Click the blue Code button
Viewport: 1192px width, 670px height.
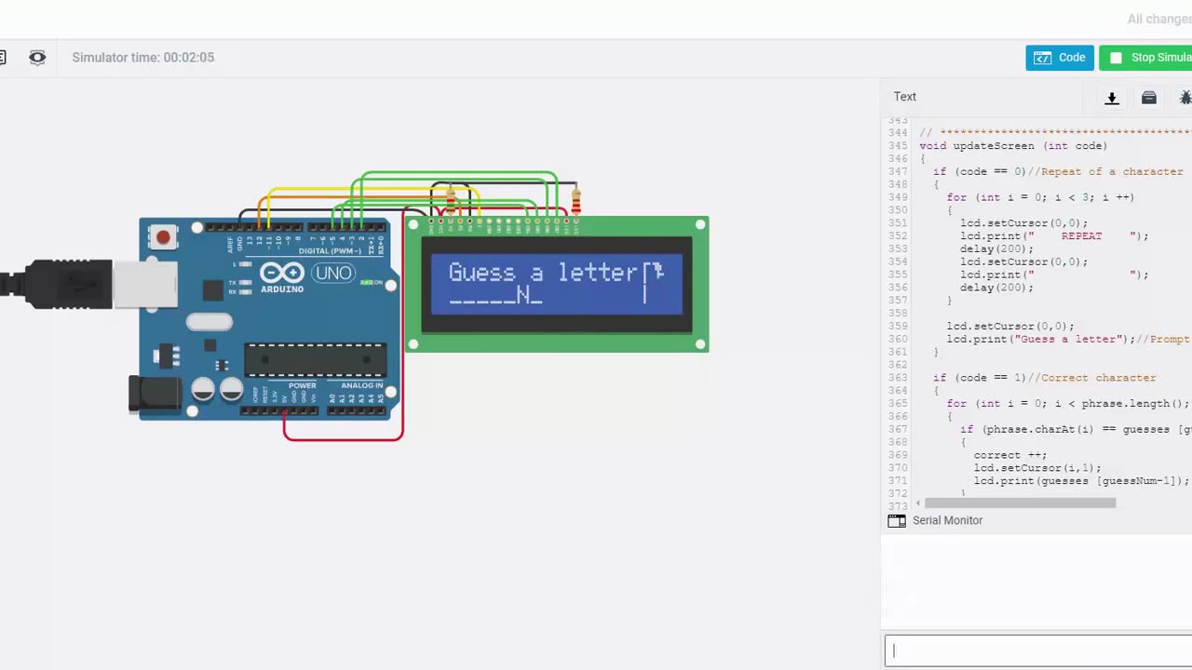point(1060,58)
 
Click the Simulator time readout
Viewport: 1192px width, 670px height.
point(143,58)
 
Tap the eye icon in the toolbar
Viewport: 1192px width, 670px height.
point(37,58)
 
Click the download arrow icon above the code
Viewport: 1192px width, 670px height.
point(1111,98)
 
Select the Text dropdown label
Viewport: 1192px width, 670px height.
point(905,97)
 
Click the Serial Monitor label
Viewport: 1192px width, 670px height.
point(947,520)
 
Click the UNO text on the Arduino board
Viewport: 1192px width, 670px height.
point(332,274)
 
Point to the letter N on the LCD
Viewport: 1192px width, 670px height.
point(523,295)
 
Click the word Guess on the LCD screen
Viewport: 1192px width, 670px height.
point(481,273)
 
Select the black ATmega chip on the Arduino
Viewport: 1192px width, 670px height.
point(315,359)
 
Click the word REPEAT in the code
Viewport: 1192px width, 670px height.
point(1081,236)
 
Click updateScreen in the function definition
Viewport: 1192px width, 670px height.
point(990,146)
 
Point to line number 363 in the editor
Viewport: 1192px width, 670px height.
point(898,378)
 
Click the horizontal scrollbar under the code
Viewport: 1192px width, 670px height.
point(1020,503)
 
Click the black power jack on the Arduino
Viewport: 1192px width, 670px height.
point(154,395)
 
